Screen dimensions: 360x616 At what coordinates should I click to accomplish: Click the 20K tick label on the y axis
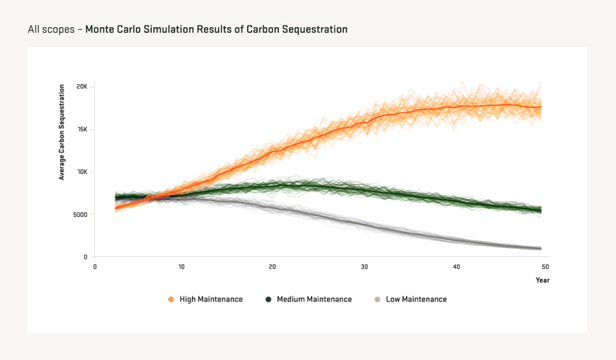pos(82,86)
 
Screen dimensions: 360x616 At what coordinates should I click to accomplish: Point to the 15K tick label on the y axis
pos(82,129)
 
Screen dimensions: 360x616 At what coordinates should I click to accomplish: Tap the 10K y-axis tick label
pos(82,172)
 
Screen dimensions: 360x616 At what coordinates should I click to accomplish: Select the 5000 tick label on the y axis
pos(80,215)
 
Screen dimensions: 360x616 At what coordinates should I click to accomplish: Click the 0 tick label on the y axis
pos(85,257)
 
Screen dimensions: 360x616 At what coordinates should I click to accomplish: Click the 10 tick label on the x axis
pos(182,267)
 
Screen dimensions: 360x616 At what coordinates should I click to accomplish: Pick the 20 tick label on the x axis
pos(272,267)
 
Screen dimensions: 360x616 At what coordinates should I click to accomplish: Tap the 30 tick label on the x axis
pos(364,267)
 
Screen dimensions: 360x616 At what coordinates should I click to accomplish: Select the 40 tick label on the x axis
pos(455,267)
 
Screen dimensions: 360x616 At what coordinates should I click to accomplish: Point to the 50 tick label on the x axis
pos(545,267)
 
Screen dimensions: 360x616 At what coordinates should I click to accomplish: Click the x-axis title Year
pos(542,280)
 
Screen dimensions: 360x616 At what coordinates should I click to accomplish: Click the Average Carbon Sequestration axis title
pos(62,131)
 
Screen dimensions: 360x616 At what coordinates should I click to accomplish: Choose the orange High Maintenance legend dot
pos(171,299)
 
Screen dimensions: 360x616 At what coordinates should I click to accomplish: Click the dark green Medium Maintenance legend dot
pos(269,299)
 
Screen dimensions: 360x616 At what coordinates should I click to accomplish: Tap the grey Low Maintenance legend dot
pos(377,299)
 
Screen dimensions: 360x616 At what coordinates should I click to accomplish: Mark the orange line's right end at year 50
pos(541,107)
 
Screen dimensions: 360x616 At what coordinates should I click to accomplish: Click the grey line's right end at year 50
pos(541,248)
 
